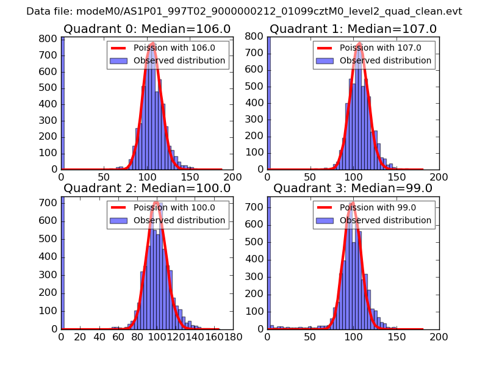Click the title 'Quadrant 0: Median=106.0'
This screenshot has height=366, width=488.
click(x=146, y=29)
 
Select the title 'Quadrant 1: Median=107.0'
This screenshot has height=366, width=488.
click(x=353, y=29)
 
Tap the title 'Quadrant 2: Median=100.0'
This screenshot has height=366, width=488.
click(x=146, y=188)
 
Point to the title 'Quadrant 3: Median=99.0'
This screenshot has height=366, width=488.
click(x=353, y=188)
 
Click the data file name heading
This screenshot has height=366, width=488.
click(x=244, y=11)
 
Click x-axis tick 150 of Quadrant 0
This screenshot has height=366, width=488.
click(x=190, y=176)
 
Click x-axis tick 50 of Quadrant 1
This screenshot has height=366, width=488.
click(x=310, y=176)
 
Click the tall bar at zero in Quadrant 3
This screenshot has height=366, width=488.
click(x=269, y=263)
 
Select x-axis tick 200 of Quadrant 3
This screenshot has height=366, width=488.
click(x=439, y=336)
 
